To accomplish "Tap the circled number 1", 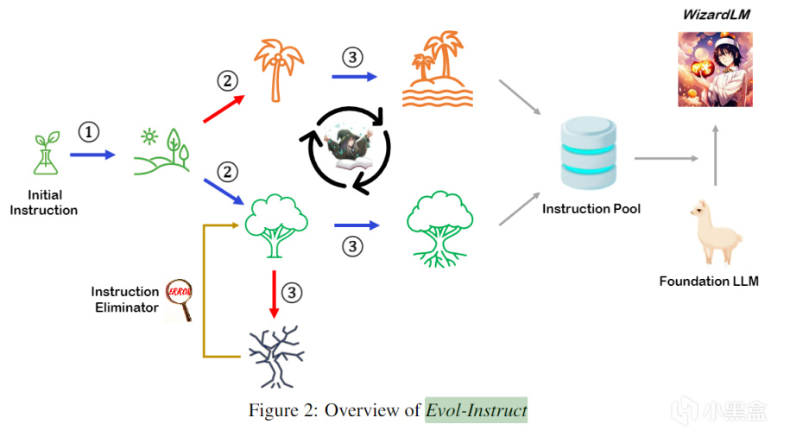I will [x=90, y=132].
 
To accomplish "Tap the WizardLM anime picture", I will [x=715, y=69].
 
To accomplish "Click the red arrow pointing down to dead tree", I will [x=274, y=294].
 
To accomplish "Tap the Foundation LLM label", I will [x=709, y=282].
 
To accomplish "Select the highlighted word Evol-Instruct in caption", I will [x=476, y=409].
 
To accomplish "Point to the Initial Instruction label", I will [x=43, y=203].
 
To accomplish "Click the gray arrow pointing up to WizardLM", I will [x=715, y=155].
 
